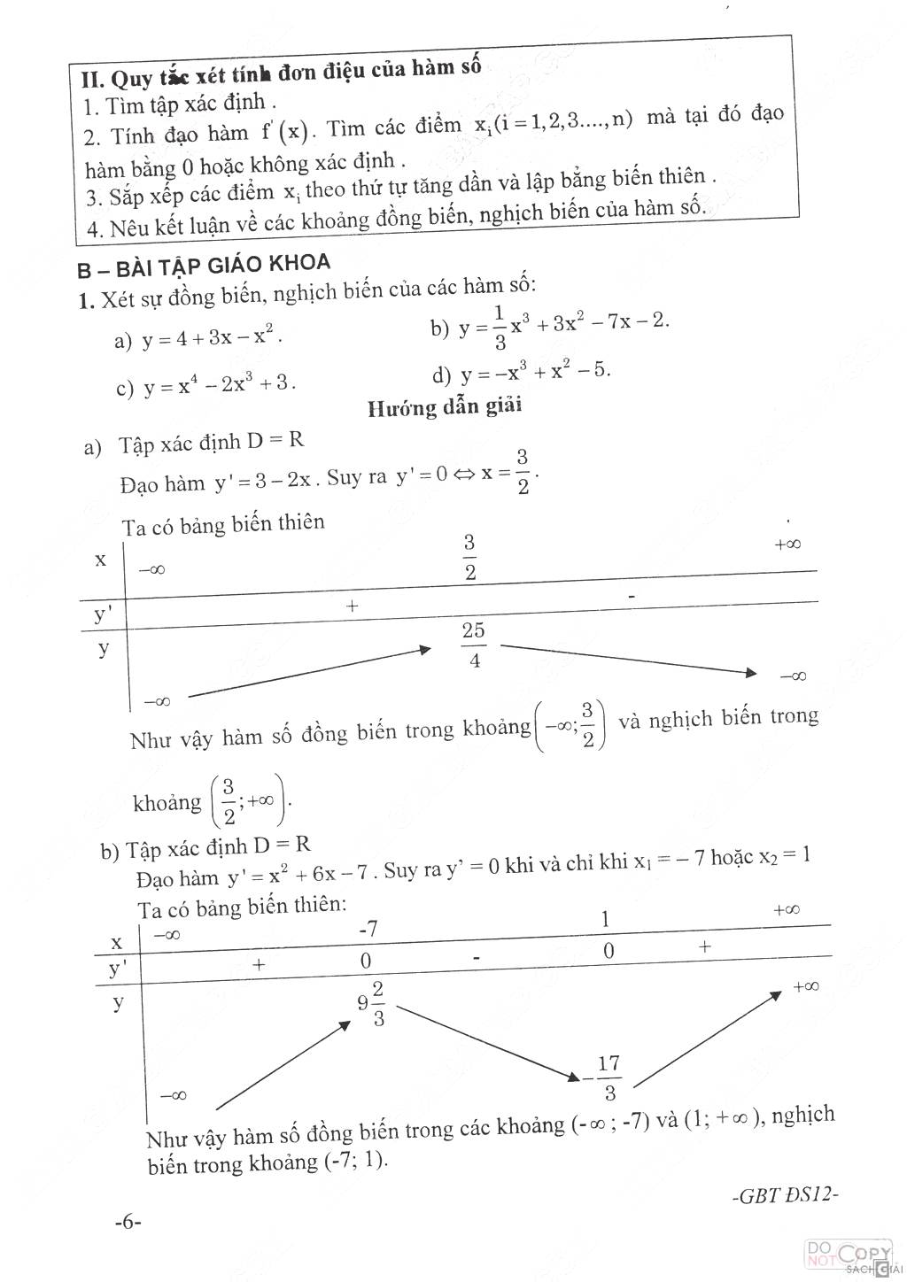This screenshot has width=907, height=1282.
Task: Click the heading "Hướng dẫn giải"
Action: (x=445, y=406)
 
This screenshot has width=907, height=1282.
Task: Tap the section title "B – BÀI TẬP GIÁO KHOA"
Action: (x=204, y=265)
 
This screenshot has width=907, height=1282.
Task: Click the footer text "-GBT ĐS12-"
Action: (x=786, y=1193)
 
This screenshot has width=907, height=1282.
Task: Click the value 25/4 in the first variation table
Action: (x=473, y=645)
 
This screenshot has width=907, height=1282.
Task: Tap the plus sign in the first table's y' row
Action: (x=353, y=606)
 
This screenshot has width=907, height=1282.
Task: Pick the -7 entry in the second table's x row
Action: (x=368, y=929)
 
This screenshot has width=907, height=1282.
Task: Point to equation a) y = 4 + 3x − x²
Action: (x=198, y=338)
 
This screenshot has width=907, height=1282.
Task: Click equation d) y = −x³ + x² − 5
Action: (x=522, y=373)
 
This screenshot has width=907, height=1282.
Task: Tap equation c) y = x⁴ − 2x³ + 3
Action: (x=205, y=386)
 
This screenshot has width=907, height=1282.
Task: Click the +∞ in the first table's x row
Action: (x=787, y=544)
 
